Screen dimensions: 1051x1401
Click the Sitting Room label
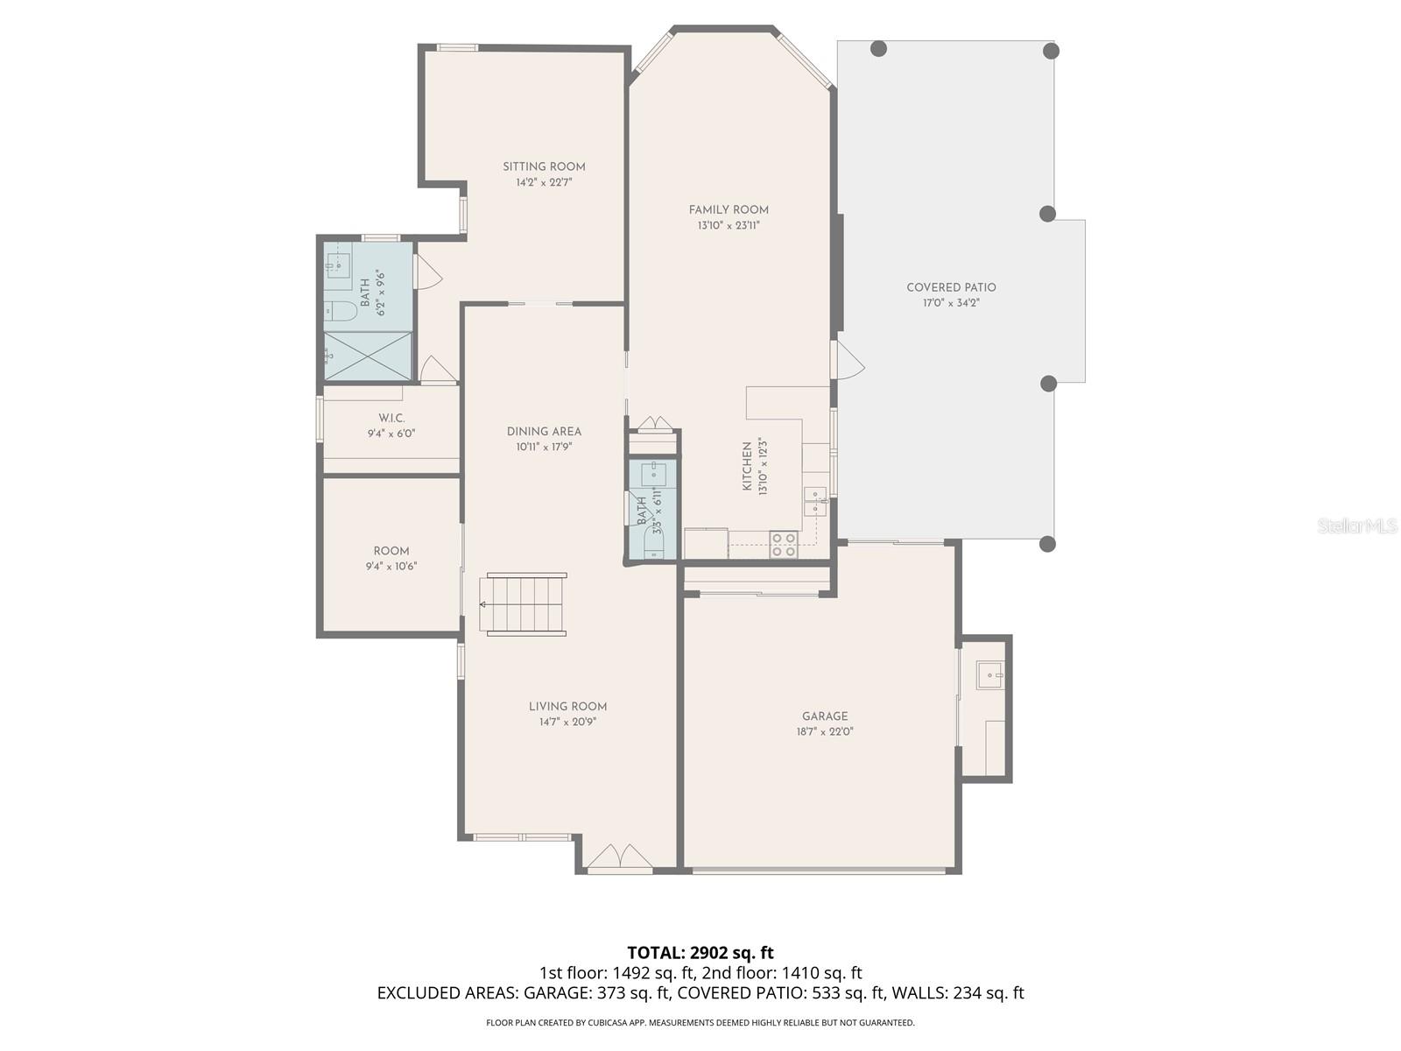[544, 166]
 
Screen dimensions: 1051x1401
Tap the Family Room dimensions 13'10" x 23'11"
[729, 226]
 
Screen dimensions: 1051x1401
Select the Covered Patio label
[951, 287]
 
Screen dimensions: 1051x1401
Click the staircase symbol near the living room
[524, 604]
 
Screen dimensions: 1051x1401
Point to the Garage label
[825, 716]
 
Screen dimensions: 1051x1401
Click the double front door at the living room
[620, 859]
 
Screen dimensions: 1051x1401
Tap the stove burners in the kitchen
[783, 545]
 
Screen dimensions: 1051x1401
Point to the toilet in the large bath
[340, 310]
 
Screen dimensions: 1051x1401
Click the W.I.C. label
[391, 418]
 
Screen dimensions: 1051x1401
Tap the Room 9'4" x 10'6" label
[391, 558]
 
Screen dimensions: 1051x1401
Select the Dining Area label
[544, 431]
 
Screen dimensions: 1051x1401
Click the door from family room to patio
[846, 360]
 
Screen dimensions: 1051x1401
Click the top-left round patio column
[879, 49]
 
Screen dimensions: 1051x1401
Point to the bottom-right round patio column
[1047, 544]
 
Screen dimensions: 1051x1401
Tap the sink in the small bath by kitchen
[653, 476]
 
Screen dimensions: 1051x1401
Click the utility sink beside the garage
[991, 675]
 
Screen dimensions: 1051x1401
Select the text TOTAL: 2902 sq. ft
[700, 953]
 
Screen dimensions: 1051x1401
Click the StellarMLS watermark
[1357, 526]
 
